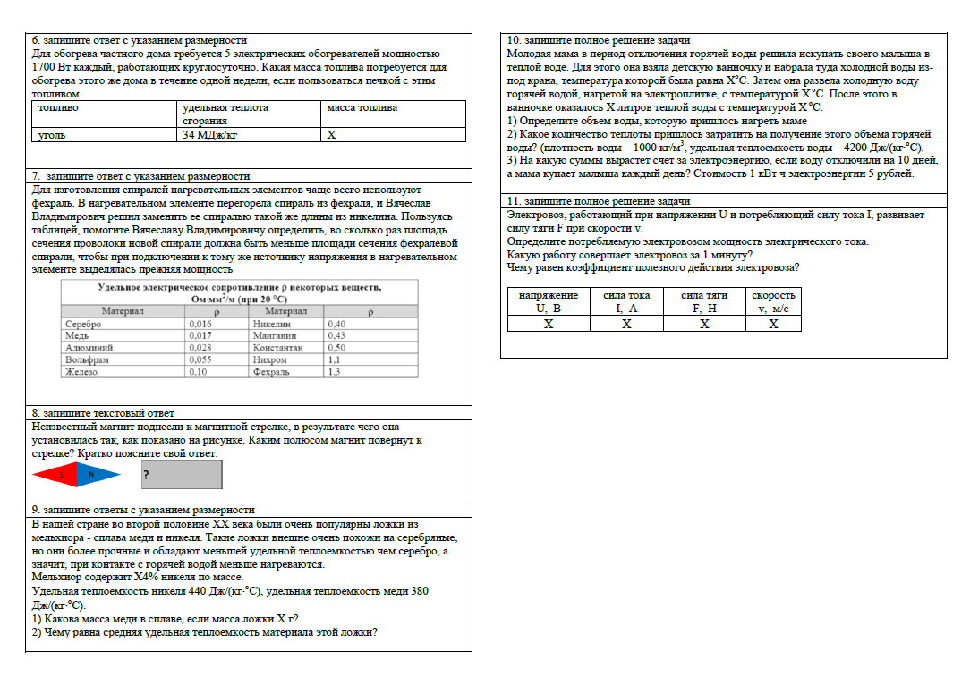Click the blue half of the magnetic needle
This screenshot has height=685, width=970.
coord(98,474)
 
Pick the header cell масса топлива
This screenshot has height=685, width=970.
coord(362,108)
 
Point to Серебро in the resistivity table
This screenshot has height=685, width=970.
coord(83,324)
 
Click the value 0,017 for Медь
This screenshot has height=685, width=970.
coord(200,335)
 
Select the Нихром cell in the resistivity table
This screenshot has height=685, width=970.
coord(270,359)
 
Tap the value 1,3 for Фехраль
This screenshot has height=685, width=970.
coord(335,371)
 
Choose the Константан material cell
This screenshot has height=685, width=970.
coord(278,347)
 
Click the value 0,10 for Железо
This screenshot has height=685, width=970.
coord(198,371)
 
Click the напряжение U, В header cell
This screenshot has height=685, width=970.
coord(549,301)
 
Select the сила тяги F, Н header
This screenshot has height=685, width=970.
coord(704,301)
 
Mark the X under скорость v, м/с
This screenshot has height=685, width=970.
coord(773,324)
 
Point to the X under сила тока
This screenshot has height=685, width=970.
coord(626,324)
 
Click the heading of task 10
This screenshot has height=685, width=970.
coord(599,40)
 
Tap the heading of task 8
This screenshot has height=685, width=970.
coord(103,414)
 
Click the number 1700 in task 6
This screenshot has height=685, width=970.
coord(42,67)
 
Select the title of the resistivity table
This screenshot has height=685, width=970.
coord(240,293)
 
